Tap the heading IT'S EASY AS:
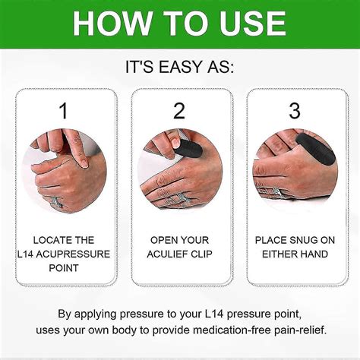179,67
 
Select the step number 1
64,111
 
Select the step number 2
179,111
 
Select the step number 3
295,111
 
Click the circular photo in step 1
64,169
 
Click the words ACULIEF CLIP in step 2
179,254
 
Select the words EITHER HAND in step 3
295,254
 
